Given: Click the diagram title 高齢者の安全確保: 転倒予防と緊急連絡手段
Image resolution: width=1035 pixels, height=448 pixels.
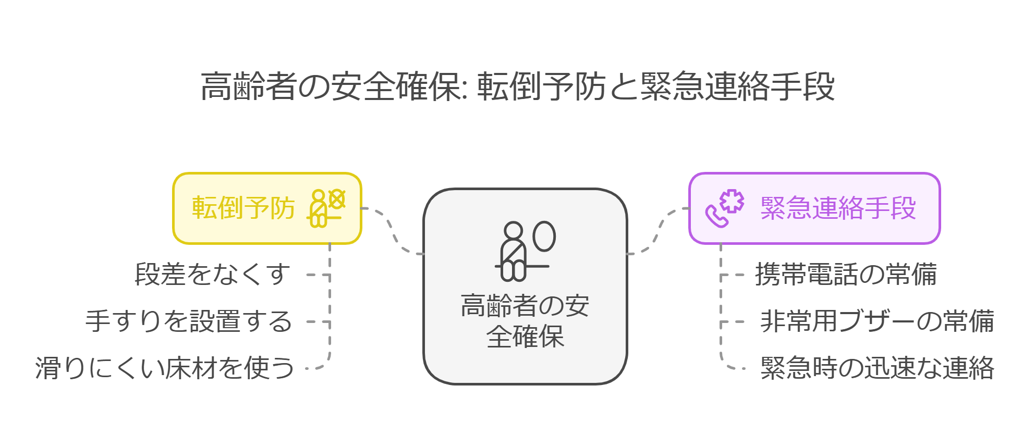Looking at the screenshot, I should tap(517, 86).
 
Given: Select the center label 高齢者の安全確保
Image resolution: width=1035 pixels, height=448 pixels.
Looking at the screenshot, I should tap(525, 321).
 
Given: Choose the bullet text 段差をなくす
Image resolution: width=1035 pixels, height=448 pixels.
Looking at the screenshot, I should tap(212, 274).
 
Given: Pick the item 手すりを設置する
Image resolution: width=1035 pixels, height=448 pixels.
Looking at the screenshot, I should tap(189, 321).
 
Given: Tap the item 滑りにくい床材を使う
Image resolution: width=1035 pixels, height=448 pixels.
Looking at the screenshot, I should tap(165, 368).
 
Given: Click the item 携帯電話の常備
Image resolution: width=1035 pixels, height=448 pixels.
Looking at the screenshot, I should tap(846, 274).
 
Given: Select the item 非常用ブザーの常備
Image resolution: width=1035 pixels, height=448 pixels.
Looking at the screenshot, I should tap(877, 321).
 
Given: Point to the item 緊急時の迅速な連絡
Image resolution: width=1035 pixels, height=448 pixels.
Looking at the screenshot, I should tap(877, 368).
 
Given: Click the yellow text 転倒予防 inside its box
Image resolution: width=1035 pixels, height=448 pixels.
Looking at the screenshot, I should tap(243, 208).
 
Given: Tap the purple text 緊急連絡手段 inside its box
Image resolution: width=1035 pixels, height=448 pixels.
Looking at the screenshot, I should tap(838, 208).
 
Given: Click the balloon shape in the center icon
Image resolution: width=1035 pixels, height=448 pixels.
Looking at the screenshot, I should tap(544, 237).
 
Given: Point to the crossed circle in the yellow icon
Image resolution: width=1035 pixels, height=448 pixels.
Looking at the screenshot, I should tap(337, 199).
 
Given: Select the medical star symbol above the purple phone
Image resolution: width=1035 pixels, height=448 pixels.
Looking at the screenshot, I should tap(733, 201).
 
